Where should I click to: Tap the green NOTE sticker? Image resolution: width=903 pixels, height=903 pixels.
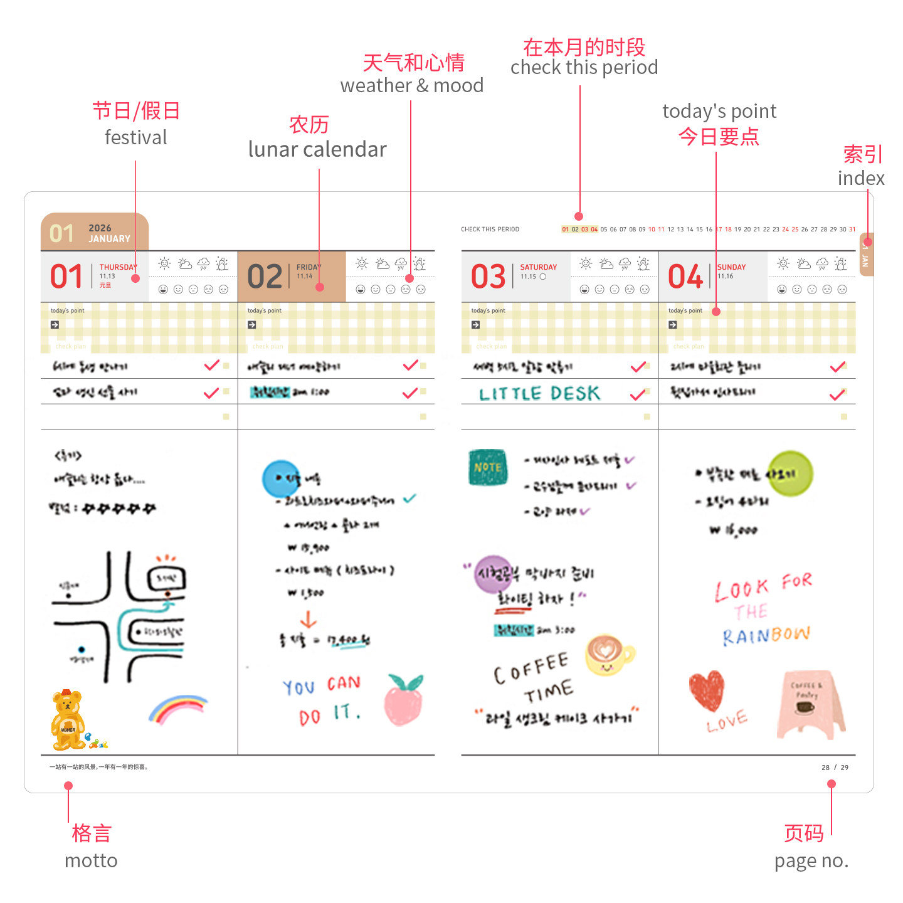[x=488, y=467]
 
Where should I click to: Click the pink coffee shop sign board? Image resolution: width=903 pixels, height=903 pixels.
[x=810, y=704]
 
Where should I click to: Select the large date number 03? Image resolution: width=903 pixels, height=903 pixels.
[x=488, y=277]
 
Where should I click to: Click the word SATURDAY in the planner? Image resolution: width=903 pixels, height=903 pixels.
[x=538, y=267]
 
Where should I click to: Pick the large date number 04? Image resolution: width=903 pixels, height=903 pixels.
[x=685, y=277]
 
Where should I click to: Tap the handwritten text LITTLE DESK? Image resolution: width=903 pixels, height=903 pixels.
[x=539, y=394]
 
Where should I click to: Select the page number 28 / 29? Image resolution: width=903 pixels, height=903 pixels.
[x=835, y=768]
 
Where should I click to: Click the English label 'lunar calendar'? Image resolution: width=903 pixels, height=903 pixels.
[x=317, y=149]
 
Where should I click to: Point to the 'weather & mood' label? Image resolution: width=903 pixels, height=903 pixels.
[x=412, y=85]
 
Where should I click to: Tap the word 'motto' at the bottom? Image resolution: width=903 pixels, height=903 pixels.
[x=91, y=860]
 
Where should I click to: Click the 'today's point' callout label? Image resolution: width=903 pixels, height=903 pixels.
[x=719, y=112]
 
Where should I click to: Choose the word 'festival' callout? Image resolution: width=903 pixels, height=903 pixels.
[x=136, y=137]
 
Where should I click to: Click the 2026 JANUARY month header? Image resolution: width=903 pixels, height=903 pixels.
[x=94, y=233]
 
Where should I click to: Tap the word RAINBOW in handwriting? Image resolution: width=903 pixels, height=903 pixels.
[x=766, y=635]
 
